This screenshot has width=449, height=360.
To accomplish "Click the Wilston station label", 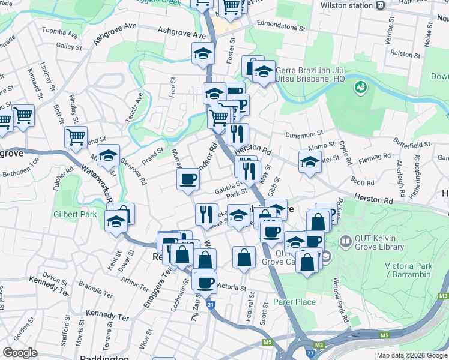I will click(355, 5).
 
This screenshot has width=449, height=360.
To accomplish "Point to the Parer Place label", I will click(294, 302).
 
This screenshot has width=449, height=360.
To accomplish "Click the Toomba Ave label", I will click(60, 33).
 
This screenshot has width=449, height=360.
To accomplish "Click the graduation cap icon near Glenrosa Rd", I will click(108, 155).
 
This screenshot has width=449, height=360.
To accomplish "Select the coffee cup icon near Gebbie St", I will click(188, 178).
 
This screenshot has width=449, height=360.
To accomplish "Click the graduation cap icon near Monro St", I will click(310, 161).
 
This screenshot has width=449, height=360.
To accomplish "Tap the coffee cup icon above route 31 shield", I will click(205, 281).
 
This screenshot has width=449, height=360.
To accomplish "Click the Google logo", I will click(20, 353).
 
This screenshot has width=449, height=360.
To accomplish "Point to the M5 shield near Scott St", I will click(267, 343).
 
